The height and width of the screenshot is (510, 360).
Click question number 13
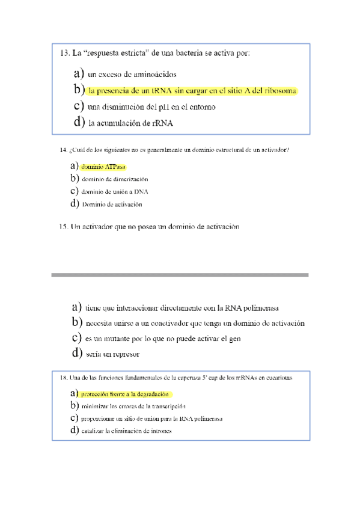coord(64,54)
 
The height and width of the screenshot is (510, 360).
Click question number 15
coord(64,227)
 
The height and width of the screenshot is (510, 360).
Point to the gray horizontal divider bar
coord(180,275)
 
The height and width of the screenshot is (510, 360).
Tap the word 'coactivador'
coord(162,323)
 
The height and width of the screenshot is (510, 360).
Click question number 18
coord(64,378)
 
